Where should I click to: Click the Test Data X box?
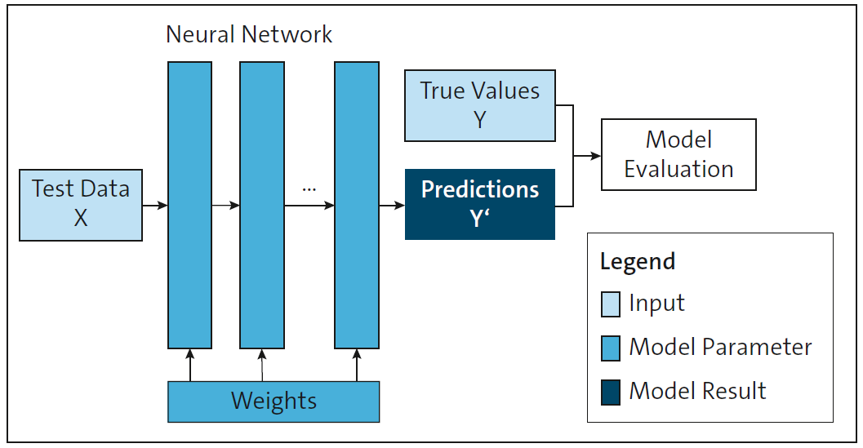point(80,205)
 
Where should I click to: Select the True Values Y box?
point(480,105)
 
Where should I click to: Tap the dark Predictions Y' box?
point(480,204)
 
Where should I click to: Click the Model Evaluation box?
point(678,154)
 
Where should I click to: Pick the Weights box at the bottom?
point(274,401)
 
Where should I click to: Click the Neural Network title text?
point(249,34)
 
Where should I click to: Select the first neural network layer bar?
point(189,205)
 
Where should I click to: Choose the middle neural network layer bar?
point(261,205)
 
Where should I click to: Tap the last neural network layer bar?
point(357,205)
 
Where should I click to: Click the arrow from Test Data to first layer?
point(155,206)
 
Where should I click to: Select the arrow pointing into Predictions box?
point(392,206)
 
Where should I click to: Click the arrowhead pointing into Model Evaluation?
point(596,155)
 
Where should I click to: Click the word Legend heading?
point(637,262)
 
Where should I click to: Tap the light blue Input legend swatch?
point(611,304)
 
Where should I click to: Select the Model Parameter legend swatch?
point(611,348)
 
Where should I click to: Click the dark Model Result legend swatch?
point(611,392)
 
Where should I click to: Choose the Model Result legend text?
point(697,392)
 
